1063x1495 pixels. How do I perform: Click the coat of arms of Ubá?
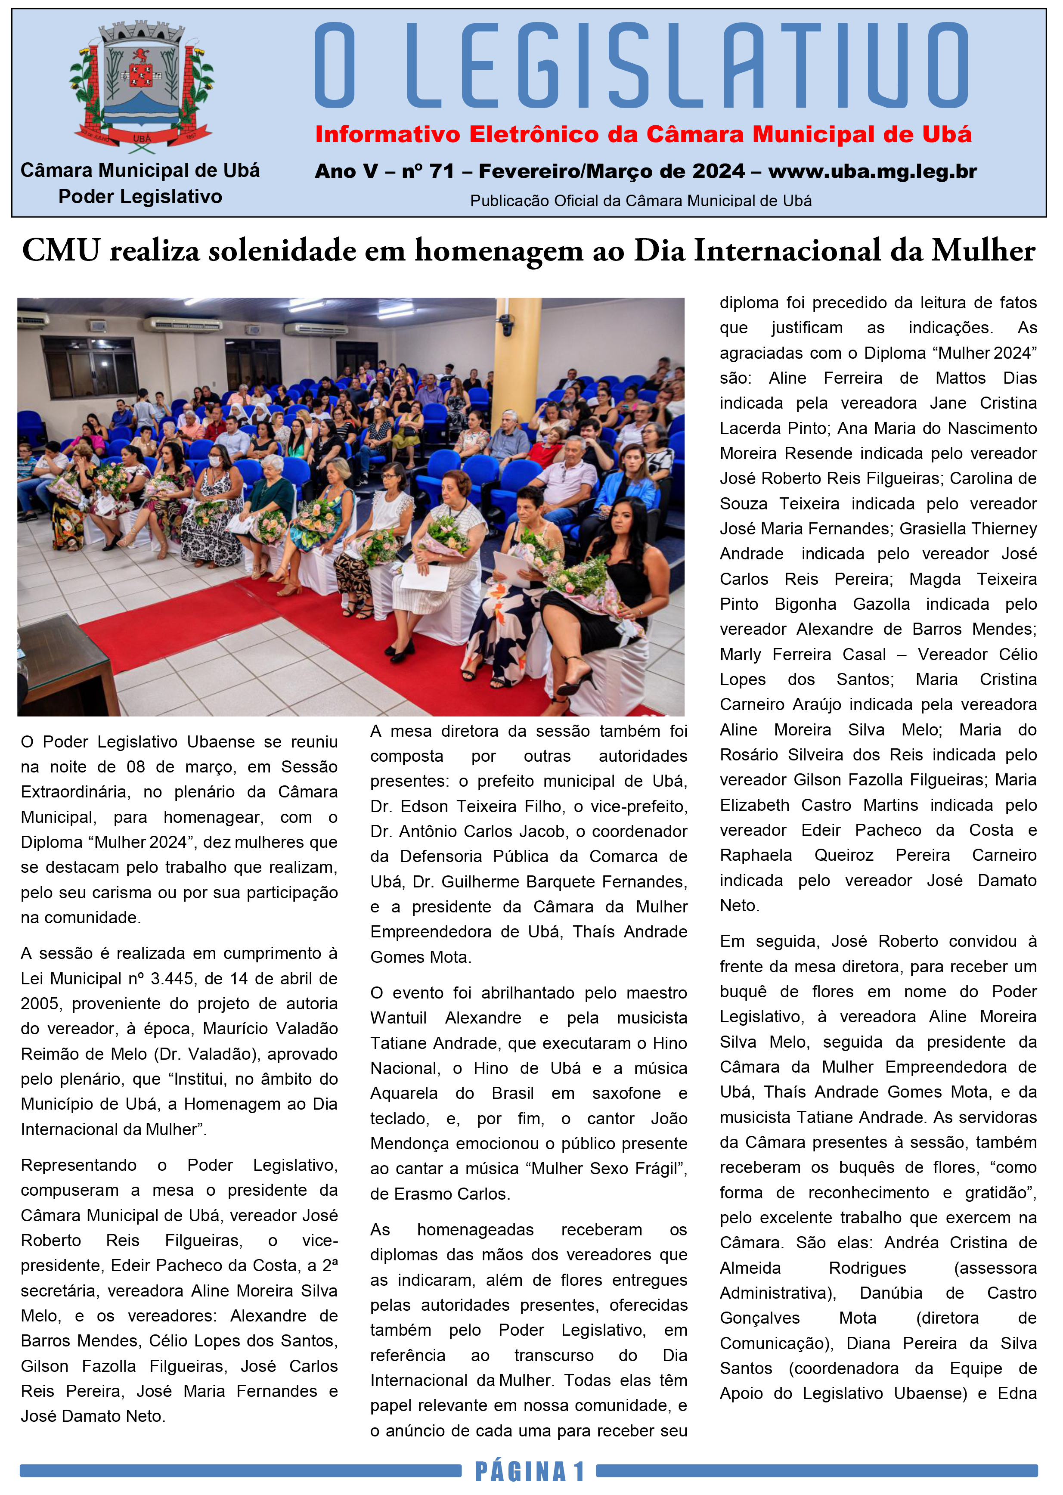click(x=141, y=85)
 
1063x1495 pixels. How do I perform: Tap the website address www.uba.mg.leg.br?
click(x=873, y=171)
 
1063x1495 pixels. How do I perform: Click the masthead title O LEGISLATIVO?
click(x=642, y=65)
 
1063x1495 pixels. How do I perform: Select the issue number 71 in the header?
click(x=441, y=171)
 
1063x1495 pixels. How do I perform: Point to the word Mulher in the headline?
click(x=983, y=251)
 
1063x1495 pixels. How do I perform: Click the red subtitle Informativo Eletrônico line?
click(x=643, y=134)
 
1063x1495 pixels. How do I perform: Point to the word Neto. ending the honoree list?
click(x=739, y=906)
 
